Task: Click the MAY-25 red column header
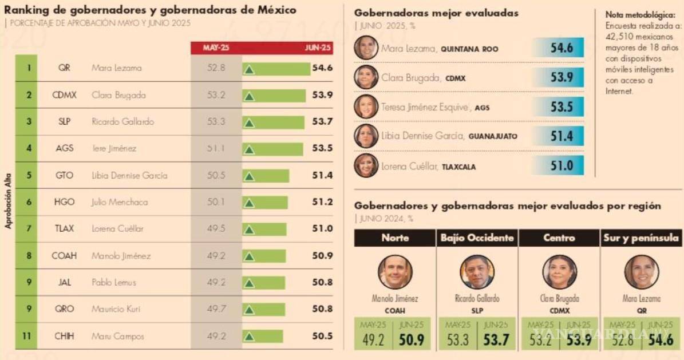coord(216,48)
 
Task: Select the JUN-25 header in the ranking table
coord(318,48)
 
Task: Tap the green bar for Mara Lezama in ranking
coord(276,69)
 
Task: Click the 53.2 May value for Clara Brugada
coord(216,95)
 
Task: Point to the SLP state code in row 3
coord(64,122)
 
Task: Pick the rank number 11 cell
coord(26,336)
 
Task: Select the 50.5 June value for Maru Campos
coord(322,336)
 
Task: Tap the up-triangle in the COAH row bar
coord(249,256)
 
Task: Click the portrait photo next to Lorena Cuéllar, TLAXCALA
coord(366,166)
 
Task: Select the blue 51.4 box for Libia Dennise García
coord(559,136)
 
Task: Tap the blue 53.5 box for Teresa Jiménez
coord(559,106)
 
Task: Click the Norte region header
coord(394,238)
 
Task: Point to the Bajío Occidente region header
coord(477,238)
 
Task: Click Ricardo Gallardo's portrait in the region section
coord(477,272)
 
